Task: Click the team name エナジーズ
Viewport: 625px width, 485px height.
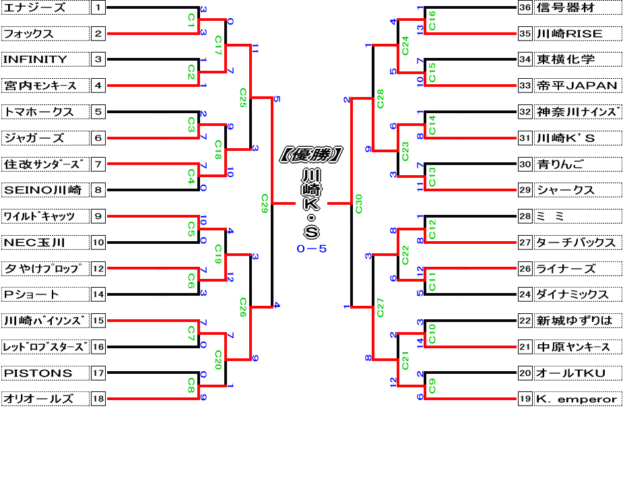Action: click(x=35, y=8)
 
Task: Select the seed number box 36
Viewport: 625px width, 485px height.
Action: click(x=525, y=8)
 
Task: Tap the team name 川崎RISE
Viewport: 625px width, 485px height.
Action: click(x=569, y=34)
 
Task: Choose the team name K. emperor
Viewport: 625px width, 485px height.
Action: click(x=577, y=399)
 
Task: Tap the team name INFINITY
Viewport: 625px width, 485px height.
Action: click(x=36, y=59)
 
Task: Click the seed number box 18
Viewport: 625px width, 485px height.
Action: click(x=98, y=399)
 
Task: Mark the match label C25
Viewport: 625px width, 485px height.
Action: click(x=243, y=98)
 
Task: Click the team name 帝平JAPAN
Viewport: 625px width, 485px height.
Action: click(x=577, y=86)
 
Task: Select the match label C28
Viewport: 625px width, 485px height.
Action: click(x=380, y=98)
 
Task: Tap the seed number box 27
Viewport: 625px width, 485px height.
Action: click(x=525, y=243)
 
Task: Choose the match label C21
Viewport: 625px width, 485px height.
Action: click(x=405, y=360)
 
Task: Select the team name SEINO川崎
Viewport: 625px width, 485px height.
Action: click(x=42, y=190)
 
